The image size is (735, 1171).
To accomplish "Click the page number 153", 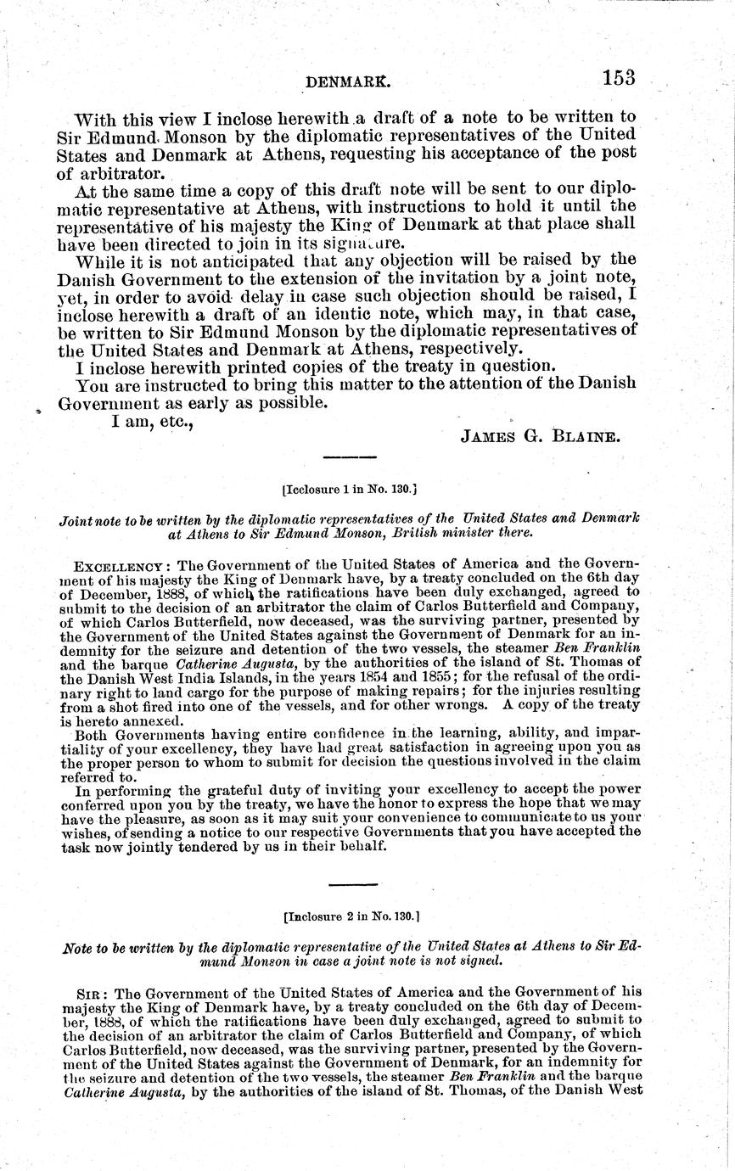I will pos(619,78).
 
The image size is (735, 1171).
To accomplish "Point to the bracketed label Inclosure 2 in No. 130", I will pos(353,916).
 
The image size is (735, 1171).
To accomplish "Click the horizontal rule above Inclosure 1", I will pos(351,458).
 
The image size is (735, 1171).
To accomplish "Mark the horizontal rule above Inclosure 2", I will pos(351,885).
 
